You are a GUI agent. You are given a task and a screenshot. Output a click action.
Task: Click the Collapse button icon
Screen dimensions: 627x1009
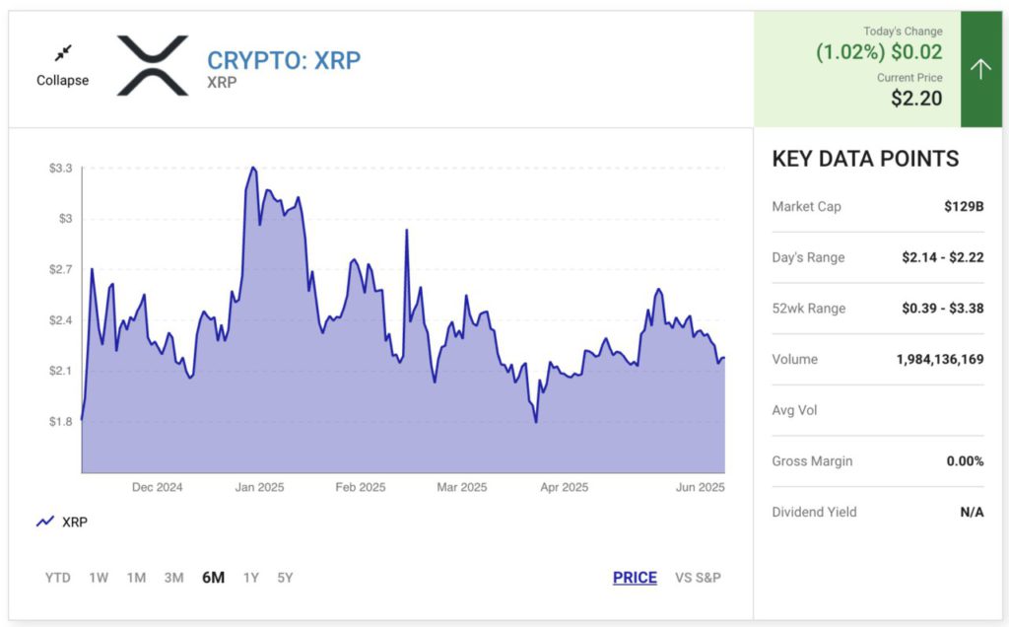[x=63, y=53]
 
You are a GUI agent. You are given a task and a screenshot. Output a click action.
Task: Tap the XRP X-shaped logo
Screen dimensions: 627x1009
[x=153, y=66]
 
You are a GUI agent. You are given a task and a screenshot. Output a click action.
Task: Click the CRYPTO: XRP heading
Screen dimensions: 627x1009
[x=284, y=60]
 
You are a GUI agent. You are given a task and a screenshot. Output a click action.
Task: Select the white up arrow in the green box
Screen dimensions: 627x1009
[x=980, y=68]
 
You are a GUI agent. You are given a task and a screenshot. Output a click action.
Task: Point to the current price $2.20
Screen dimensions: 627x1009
[x=916, y=99]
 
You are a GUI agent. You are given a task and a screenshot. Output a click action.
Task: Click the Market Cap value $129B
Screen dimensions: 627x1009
[x=964, y=207]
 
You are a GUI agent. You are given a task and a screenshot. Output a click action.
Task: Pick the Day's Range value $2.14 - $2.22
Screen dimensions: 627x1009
[x=942, y=258]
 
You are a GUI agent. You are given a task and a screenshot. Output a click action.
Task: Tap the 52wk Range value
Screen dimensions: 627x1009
[x=942, y=309]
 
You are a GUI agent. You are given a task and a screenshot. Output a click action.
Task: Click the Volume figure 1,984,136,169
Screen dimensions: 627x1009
[x=939, y=360]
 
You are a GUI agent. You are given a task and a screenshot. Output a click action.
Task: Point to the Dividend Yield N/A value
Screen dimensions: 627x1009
[x=972, y=513]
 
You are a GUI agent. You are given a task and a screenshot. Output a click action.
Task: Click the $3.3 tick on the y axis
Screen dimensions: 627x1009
[x=60, y=169]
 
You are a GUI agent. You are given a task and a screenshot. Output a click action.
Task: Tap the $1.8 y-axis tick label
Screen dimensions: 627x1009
[x=60, y=422]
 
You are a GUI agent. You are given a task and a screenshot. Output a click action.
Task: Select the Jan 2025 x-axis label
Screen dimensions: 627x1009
[x=259, y=488]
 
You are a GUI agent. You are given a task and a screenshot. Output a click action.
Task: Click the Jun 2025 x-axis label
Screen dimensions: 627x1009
[x=701, y=488]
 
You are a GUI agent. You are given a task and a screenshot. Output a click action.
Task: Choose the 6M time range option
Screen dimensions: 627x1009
[x=213, y=578]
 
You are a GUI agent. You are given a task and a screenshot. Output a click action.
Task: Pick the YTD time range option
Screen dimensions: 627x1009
[x=58, y=578]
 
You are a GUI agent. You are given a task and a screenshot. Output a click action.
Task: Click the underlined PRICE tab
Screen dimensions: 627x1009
[x=635, y=578]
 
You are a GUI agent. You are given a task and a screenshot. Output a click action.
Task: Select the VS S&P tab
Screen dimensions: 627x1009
[x=698, y=578]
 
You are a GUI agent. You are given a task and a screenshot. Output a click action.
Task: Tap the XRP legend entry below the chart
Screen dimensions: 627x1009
[x=62, y=522]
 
